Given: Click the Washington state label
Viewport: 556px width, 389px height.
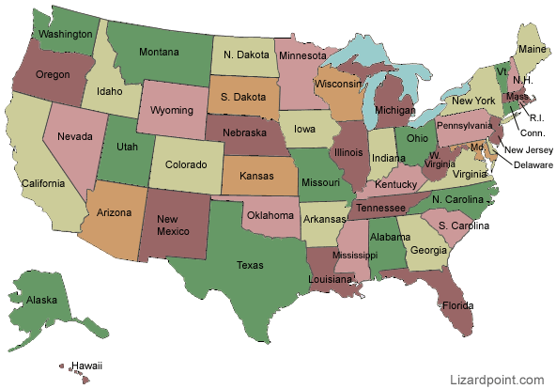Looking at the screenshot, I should point(66,34).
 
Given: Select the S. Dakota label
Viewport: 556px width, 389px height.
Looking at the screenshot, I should point(239,96).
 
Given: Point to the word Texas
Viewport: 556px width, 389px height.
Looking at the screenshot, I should point(250,265).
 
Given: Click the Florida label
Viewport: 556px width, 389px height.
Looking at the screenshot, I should point(457,305).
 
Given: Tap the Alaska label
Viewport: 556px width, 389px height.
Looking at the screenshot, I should point(42,301).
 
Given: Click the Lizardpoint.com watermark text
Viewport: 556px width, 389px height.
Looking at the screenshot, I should point(496,380).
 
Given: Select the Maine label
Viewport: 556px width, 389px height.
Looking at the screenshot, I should point(532,49).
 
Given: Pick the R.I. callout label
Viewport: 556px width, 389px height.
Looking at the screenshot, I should point(537,118).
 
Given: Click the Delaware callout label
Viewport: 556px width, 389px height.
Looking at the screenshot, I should point(533,162).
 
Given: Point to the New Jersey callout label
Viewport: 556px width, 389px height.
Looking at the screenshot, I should point(530,148).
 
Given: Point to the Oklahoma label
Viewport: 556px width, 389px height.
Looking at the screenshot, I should point(270,215).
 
